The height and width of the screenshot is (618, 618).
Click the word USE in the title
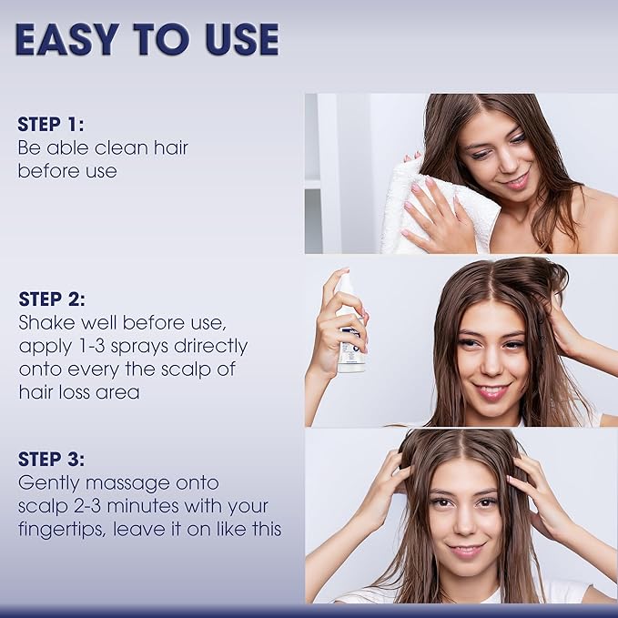pyautogui.click(x=238, y=40)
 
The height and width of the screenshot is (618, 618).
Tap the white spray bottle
pyautogui.click(x=350, y=332)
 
